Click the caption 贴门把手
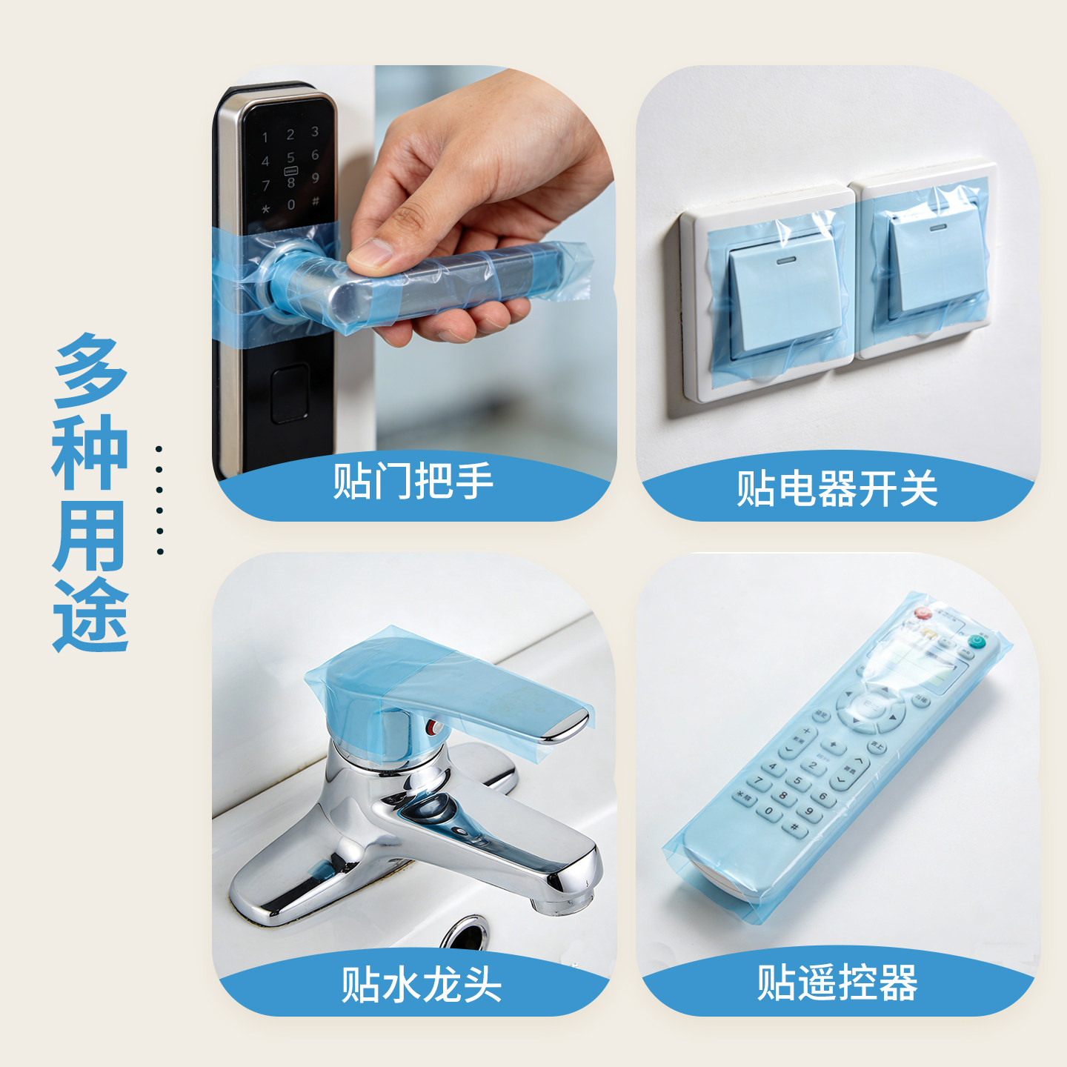tap(413, 482)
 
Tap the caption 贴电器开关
tap(837, 489)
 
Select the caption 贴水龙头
tap(421, 985)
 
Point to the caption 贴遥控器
tap(837, 983)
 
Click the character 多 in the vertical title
tap(90, 370)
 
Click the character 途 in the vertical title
tap(90, 615)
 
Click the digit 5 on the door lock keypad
tap(290, 157)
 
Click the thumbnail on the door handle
tap(370, 254)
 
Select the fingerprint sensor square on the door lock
tap(289, 393)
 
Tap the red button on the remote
tap(922, 614)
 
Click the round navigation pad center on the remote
tap(871, 708)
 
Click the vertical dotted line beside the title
tap(159, 500)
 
